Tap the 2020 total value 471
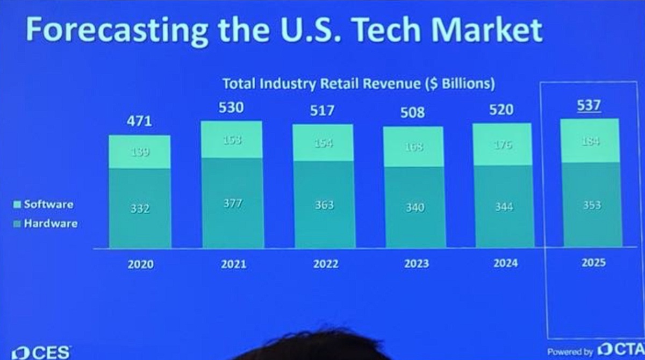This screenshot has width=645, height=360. (140, 121)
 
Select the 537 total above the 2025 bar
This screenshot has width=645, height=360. (589, 106)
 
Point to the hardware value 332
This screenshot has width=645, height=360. (140, 208)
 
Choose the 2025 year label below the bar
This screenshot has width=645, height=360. (593, 263)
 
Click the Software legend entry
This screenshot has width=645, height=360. (44, 205)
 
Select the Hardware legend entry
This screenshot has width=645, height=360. (46, 224)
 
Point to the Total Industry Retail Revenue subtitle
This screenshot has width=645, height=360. (359, 84)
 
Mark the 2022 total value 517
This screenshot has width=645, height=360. (322, 111)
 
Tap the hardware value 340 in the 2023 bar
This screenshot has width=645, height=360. (414, 207)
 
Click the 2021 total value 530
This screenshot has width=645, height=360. (231, 107)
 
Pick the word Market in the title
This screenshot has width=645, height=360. (480, 30)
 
